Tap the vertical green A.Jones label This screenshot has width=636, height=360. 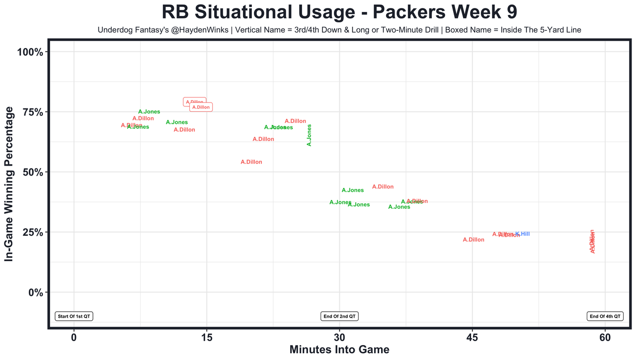pyautogui.click(x=309, y=135)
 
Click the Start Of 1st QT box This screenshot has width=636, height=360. pyautogui.click(x=74, y=316)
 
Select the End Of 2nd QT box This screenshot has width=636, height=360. pyautogui.click(x=340, y=316)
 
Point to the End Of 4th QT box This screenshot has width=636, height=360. pyautogui.click(x=605, y=316)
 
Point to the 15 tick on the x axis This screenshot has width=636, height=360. pyautogui.click(x=207, y=338)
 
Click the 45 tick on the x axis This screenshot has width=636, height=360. pyautogui.click(x=472, y=338)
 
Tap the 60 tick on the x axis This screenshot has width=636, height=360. pyautogui.click(x=605, y=338)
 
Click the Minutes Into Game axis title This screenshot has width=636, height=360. pyautogui.click(x=339, y=350)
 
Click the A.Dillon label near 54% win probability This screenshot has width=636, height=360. pyautogui.click(x=251, y=162)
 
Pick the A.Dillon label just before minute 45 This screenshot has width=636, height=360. pyautogui.click(x=474, y=240)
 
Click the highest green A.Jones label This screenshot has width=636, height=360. pyautogui.click(x=149, y=112)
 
